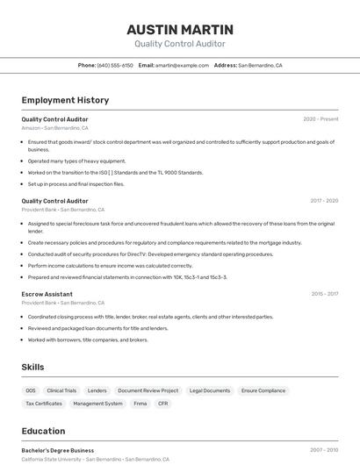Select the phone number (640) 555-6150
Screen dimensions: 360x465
pos(115,65)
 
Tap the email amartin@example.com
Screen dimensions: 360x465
pos(183,65)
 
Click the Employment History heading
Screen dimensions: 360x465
pos(65,100)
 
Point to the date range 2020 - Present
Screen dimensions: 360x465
pos(320,119)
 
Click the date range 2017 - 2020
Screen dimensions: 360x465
pos(323,201)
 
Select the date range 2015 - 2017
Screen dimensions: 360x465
pos(324,294)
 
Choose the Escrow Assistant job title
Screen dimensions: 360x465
pos(47,294)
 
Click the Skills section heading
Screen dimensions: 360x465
pos(32,367)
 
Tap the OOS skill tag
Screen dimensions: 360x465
pos(31,390)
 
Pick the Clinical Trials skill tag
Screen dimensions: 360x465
pos(61,390)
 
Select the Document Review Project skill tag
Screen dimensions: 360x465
pos(148,390)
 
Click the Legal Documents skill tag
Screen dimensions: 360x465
pos(210,390)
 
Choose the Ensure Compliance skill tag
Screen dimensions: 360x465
pos(263,390)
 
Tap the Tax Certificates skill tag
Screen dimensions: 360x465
pos(44,404)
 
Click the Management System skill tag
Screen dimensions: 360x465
pos(97,404)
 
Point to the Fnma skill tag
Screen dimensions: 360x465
pos(140,404)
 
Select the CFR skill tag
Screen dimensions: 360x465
pos(163,404)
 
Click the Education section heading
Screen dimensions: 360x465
pos(43,431)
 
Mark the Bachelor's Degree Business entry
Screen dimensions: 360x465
pos(58,450)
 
